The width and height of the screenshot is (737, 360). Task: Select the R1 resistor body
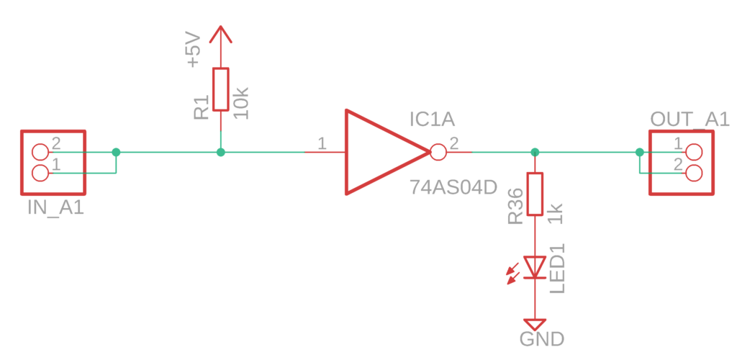220,89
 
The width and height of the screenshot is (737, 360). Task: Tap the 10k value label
241,103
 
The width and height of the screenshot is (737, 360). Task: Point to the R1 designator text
202,107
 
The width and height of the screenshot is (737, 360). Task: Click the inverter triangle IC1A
388,152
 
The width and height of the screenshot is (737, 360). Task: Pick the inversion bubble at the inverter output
438,152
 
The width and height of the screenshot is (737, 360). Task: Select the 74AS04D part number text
453,187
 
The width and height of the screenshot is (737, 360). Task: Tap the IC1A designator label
432,120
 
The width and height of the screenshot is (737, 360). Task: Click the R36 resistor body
535,194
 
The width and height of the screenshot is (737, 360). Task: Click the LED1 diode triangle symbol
535,267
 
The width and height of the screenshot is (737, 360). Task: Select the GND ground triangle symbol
535,325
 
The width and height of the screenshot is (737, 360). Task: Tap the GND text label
541,339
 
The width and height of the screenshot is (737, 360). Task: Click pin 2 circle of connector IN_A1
40,152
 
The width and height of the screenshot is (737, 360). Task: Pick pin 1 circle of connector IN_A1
40,174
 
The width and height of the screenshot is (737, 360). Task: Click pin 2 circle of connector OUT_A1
694,173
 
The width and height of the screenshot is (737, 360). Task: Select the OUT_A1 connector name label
689,120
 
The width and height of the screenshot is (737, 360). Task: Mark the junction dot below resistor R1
220,152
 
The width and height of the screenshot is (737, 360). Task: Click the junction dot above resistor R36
535,152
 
